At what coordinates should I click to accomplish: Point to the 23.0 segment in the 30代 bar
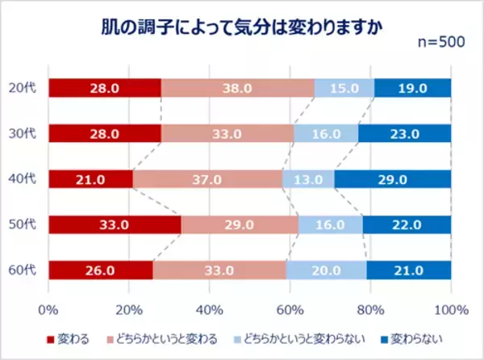[x=404, y=133]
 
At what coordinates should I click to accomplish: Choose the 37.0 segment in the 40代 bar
[x=207, y=178]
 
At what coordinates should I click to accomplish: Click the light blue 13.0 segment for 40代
[x=308, y=178]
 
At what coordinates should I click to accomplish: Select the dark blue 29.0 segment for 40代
[x=393, y=178]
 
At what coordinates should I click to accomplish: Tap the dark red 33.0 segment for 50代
[x=115, y=224]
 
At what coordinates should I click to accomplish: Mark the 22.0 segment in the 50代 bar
[x=407, y=224]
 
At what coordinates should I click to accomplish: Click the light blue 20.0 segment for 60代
[x=326, y=270]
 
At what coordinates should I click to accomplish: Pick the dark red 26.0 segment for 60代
[x=101, y=270]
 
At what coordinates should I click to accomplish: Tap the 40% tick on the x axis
[x=210, y=309]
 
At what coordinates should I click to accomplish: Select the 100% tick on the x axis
[x=450, y=309]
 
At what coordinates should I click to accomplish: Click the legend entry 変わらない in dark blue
[x=414, y=338]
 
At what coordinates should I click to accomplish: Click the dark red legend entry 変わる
[x=75, y=338]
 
